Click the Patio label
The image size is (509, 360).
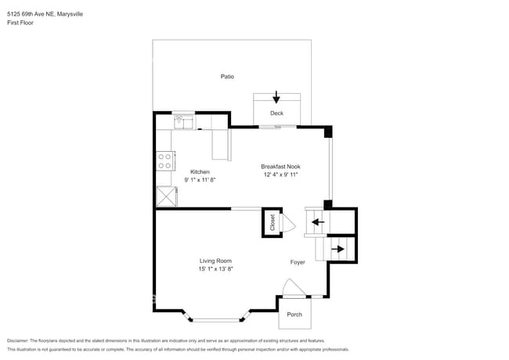click(227, 77)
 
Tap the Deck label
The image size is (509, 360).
click(276, 113)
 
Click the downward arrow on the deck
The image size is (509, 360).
click(276, 98)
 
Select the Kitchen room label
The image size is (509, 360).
click(200, 172)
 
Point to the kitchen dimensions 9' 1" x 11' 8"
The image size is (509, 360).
click(200, 180)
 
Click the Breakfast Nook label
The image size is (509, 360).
click(280, 167)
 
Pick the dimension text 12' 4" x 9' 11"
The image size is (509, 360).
click(280, 175)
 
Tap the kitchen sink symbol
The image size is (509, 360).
click(182, 121)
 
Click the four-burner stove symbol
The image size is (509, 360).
click(165, 161)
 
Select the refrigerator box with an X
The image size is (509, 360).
click(166, 196)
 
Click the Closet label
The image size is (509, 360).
click(273, 222)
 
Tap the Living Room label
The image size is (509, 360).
click(215, 261)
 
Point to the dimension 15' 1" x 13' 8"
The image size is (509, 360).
click(215, 268)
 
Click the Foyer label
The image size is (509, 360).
click(298, 262)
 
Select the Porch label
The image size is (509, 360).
click(294, 315)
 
